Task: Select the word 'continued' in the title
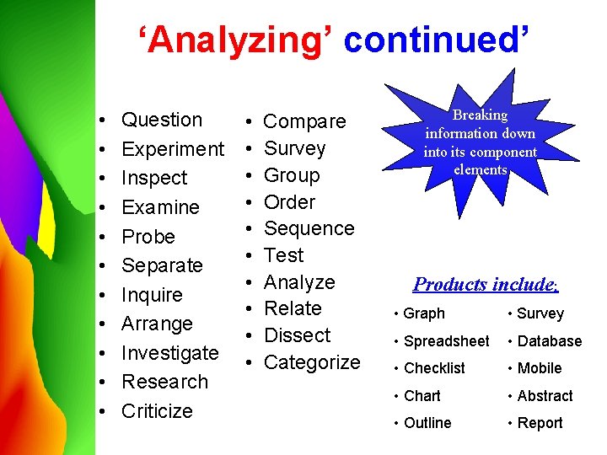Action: [x=436, y=40]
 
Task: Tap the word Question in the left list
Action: [x=162, y=120]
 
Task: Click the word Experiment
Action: [x=173, y=149]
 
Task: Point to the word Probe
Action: [x=148, y=237]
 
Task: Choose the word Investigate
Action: [x=169, y=353]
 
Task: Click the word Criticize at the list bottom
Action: [x=157, y=411]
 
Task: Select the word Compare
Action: [x=305, y=121]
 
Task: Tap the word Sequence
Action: [x=309, y=228]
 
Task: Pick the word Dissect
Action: [x=297, y=335]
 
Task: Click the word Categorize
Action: [x=312, y=362]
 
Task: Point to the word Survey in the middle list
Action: [x=294, y=148]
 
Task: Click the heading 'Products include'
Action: [x=485, y=284]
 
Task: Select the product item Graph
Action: [x=424, y=313]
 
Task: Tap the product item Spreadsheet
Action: [x=446, y=341]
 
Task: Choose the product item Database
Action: [x=549, y=341]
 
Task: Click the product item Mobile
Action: [x=540, y=368]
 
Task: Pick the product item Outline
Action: [x=427, y=423]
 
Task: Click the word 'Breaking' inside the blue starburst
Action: [x=480, y=115]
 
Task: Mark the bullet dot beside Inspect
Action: [x=101, y=179]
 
